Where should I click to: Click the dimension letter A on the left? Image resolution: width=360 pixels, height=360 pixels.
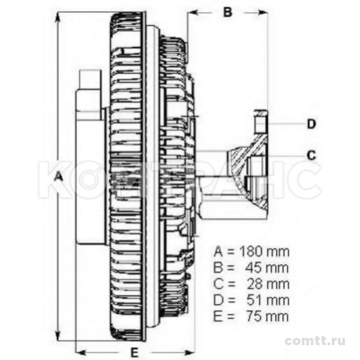[59, 177]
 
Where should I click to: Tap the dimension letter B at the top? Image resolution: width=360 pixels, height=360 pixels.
[228, 12]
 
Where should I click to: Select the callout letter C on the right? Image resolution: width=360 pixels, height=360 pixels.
[311, 155]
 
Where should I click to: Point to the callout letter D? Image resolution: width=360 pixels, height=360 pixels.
[311, 124]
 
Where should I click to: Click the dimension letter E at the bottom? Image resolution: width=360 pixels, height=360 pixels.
[135, 352]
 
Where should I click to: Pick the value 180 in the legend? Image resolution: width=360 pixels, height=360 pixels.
[251, 252]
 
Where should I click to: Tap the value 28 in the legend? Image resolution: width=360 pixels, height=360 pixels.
[254, 284]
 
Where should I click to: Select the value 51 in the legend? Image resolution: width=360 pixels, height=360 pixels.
[254, 300]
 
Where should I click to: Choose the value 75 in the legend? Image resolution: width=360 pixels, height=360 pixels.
[254, 316]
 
